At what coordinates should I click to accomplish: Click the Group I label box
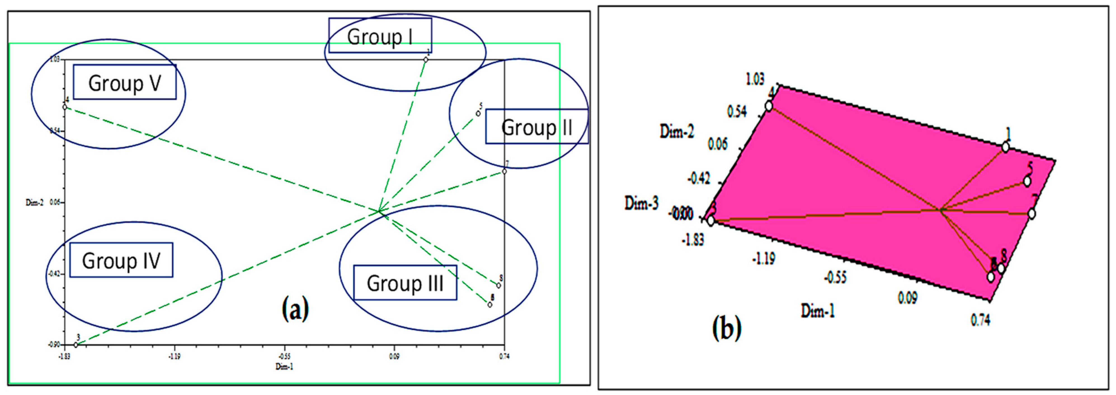(380, 36)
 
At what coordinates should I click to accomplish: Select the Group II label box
(537, 127)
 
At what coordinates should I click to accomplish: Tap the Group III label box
(405, 283)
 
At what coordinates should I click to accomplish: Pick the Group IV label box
(121, 260)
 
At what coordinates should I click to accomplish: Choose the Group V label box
(125, 82)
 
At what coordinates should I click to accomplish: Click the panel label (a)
(295, 309)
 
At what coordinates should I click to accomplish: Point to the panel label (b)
(727, 328)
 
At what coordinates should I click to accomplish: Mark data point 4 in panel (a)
(65, 107)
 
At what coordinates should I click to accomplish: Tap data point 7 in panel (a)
(504, 171)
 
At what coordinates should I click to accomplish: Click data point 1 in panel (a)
(426, 60)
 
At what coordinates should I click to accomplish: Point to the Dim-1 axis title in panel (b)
(818, 310)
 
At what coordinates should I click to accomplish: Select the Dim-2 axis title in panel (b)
(677, 131)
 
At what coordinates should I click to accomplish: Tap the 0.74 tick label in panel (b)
(980, 320)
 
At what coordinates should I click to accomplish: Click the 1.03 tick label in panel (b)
(755, 79)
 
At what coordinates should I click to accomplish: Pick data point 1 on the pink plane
(1005, 148)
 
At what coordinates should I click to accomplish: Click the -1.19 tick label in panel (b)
(764, 259)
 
